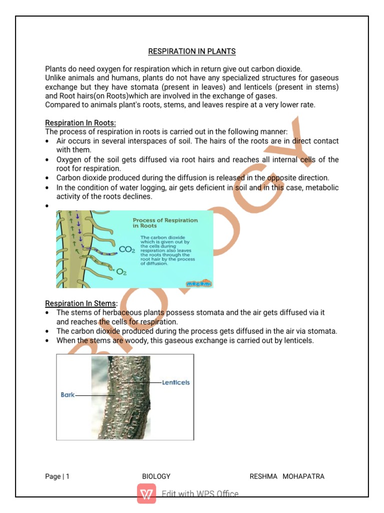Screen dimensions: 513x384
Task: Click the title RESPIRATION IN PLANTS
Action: tap(191, 52)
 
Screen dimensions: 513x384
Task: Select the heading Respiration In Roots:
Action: tap(80, 123)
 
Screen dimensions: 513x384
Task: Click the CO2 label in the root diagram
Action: tap(126, 249)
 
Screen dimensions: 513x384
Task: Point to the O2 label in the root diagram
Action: tap(121, 273)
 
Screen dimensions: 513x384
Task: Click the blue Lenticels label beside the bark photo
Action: tap(175, 382)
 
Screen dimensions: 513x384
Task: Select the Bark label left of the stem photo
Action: tap(67, 395)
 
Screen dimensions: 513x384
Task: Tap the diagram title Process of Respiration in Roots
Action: tap(165, 223)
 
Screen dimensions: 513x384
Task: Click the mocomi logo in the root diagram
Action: tap(199, 284)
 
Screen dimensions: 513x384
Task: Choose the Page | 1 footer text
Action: tap(57, 476)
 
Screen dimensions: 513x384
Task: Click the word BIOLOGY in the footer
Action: tap(156, 476)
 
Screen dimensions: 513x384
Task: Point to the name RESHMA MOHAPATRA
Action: tap(286, 476)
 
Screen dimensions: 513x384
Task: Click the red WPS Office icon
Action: tap(147, 494)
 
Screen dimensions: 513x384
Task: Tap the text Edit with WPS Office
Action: tap(200, 494)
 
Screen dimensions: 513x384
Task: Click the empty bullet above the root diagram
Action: tap(46, 206)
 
